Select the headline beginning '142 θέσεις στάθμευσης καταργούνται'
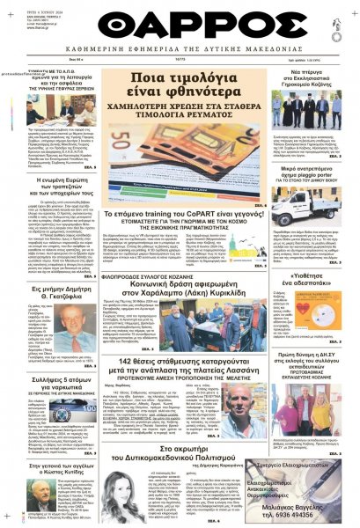point(179,366)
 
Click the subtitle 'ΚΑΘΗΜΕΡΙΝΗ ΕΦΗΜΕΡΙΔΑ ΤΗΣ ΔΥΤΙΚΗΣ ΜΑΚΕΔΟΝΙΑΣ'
point(180,52)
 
